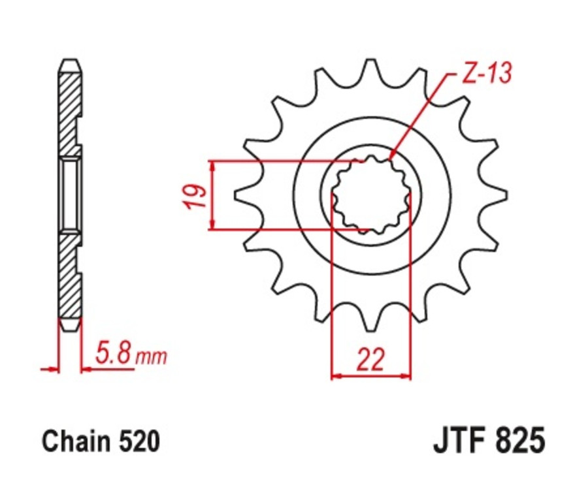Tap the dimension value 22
click(x=370, y=360)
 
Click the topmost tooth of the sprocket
click(x=370, y=69)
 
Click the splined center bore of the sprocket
click(x=370, y=194)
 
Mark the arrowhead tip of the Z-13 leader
click(x=390, y=159)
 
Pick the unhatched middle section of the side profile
click(x=71, y=194)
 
